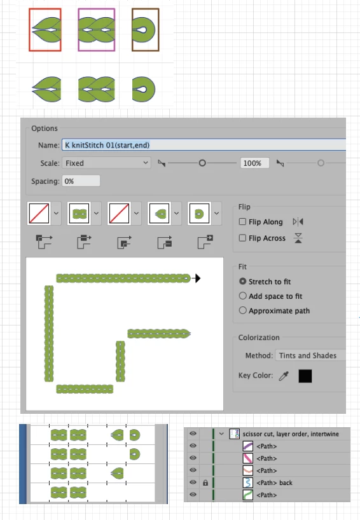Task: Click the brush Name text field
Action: tap(204, 145)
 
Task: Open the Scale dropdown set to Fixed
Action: tap(106, 163)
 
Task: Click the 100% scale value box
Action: tap(254, 163)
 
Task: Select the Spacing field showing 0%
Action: tap(81, 181)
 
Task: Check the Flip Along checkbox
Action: tap(242, 221)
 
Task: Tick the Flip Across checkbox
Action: tap(242, 238)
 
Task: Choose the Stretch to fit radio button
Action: tap(242, 281)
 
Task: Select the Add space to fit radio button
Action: tap(242, 296)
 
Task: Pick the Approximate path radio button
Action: tap(242, 310)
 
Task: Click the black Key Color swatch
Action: tap(305, 376)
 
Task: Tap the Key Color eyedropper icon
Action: tap(284, 376)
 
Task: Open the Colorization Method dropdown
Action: tap(310, 355)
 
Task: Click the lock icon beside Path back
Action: tap(205, 483)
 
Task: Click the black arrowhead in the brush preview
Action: tap(197, 278)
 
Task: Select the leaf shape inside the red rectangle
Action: tap(47, 30)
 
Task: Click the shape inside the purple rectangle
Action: tap(97, 30)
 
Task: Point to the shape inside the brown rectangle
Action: tap(143, 30)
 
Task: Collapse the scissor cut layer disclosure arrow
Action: tap(221, 434)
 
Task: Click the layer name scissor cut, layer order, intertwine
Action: tap(291, 434)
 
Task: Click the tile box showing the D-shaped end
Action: tap(199, 213)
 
